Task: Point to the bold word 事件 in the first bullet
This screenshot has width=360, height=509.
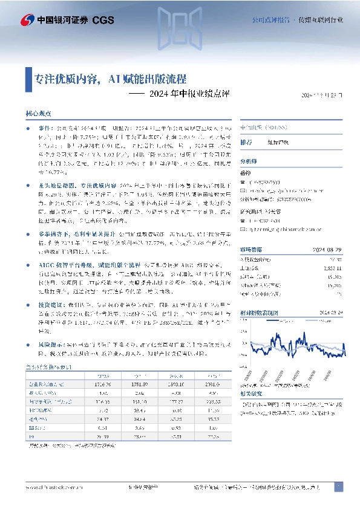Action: [x=46, y=129]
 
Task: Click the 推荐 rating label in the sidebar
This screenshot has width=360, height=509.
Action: [x=246, y=143]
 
